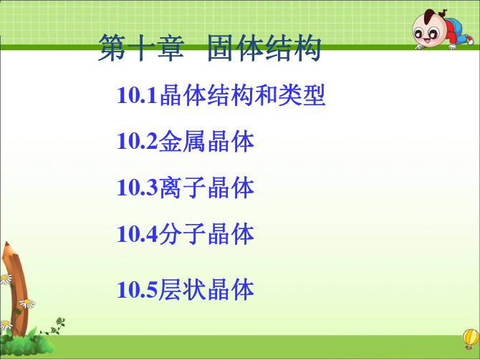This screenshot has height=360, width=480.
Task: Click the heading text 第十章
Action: tap(141, 48)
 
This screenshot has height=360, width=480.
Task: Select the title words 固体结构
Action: tap(264, 48)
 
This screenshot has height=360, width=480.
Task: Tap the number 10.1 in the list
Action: tap(138, 95)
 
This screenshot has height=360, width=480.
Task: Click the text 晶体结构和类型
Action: tap(242, 95)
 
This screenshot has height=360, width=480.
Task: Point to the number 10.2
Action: tap(138, 141)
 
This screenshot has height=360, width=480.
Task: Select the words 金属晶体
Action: tap(206, 141)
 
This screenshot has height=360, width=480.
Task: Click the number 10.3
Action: tap(138, 188)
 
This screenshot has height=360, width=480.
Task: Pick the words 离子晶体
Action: tap(206, 188)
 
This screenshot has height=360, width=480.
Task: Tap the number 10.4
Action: tap(138, 234)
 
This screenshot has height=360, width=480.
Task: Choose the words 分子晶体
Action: tap(206, 234)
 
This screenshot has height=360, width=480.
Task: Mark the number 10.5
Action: tap(138, 289)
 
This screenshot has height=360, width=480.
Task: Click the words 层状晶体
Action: tap(206, 289)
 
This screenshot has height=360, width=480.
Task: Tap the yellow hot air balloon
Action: tap(471, 337)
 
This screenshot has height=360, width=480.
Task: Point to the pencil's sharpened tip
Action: tap(6, 244)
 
